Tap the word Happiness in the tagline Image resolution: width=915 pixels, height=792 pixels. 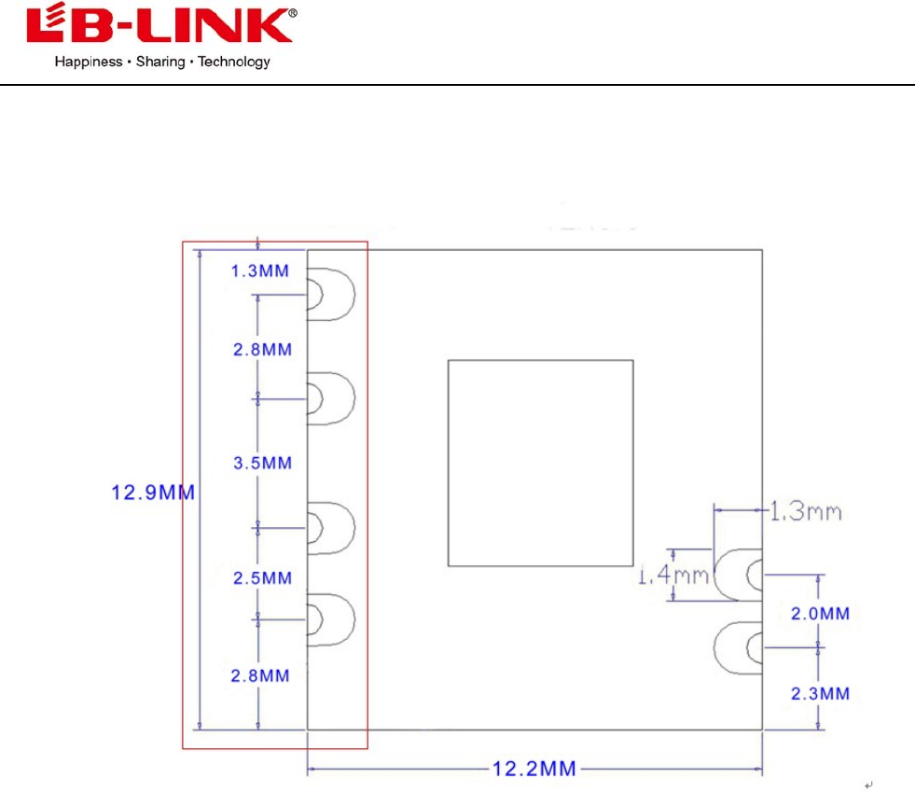87,63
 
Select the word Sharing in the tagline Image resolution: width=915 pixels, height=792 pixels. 160,63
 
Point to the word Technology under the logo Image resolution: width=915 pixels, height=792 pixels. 234,63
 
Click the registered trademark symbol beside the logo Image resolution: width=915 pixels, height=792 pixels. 293,13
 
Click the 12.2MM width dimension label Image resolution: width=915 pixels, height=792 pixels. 534,770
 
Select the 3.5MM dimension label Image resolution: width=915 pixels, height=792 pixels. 262,464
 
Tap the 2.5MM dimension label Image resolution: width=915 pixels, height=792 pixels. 262,578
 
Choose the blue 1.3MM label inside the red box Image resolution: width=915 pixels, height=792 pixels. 260,271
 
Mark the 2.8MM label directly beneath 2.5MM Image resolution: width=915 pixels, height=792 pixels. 262,675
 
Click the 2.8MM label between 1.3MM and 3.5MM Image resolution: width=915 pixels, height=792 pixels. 262,350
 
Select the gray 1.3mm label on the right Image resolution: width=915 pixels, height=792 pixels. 806,511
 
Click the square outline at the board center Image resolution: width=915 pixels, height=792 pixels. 540,463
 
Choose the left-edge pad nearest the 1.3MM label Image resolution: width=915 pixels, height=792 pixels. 331,295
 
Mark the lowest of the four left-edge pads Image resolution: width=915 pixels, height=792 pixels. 331,618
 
